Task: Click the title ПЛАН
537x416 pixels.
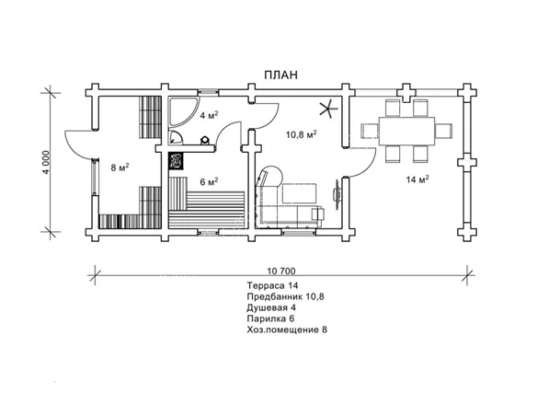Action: (280, 75)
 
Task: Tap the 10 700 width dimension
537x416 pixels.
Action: (280, 272)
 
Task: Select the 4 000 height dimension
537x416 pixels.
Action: (46, 162)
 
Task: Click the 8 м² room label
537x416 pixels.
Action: (120, 168)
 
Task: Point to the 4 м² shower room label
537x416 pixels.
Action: (209, 115)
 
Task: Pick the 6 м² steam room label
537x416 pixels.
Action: (209, 181)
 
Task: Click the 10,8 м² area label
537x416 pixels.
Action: (301, 134)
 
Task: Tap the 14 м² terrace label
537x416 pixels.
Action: (417, 179)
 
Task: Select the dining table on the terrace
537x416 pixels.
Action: (406, 131)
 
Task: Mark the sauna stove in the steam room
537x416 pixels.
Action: (176, 161)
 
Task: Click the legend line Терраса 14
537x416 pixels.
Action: (272, 285)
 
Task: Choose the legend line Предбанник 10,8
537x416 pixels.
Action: (285, 296)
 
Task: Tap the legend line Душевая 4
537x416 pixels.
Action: (271, 307)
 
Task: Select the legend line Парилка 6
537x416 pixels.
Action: (270, 318)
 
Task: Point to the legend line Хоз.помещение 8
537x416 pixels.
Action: (287, 329)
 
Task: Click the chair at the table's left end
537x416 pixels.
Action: (370, 131)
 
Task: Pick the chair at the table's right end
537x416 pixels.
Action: (443, 131)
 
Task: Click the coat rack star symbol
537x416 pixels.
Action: (329, 110)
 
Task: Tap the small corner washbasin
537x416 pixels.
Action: (176, 137)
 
